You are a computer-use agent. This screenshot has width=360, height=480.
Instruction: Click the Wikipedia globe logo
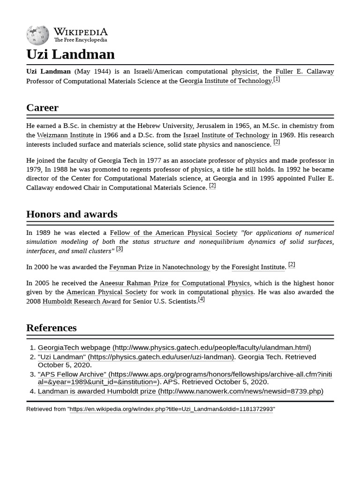click(x=37, y=35)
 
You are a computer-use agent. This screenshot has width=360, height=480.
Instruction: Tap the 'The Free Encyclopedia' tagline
click(x=80, y=40)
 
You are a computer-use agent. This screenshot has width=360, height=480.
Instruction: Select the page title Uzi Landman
click(x=70, y=54)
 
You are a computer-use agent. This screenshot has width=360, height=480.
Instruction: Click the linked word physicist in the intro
click(x=244, y=71)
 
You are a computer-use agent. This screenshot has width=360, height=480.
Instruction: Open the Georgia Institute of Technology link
click(x=225, y=81)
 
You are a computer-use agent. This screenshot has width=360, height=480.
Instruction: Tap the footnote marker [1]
click(x=277, y=79)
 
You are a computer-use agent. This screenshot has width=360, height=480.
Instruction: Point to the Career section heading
click(x=42, y=107)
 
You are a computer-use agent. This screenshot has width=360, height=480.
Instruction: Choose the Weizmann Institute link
click(x=65, y=135)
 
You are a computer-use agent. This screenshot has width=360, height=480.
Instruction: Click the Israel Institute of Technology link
click(x=226, y=135)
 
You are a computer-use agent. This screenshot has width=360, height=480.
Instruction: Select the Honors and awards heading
click(x=72, y=214)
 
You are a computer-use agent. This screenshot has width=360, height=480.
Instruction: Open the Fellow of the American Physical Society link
click(x=173, y=232)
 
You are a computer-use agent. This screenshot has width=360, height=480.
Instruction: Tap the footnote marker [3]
click(x=120, y=249)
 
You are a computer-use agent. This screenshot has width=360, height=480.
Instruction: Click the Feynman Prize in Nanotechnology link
click(x=159, y=267)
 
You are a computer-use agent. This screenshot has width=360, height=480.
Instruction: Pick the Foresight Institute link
click(x=258, y=267)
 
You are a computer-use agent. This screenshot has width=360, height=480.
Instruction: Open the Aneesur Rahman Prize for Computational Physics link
click(x=175, y=283)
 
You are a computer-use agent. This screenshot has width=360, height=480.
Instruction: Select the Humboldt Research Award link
click(x=82, y=301)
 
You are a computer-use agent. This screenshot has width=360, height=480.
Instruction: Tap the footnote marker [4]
click(x=201, y=299)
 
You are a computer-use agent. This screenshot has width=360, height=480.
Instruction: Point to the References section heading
click(x=52, y=328)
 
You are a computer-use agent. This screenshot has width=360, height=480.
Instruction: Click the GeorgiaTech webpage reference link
click(x=174, y=348)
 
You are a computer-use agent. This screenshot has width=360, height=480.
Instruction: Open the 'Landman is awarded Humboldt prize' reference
click(x=180, y=391)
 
